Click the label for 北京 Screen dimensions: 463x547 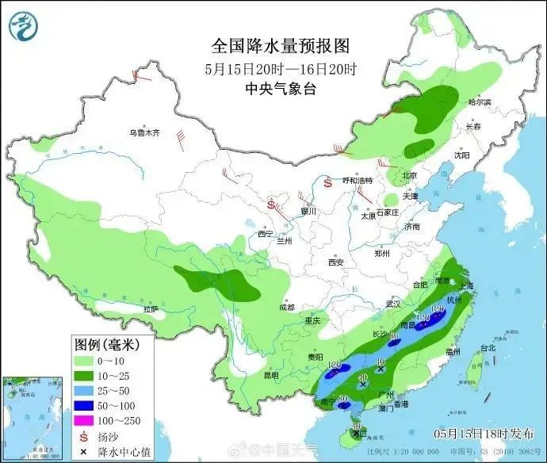pos(409,175)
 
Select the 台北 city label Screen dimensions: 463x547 pos(488,347)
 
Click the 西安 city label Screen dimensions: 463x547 pos(335,262)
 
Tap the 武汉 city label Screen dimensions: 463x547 pos(394,304)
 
